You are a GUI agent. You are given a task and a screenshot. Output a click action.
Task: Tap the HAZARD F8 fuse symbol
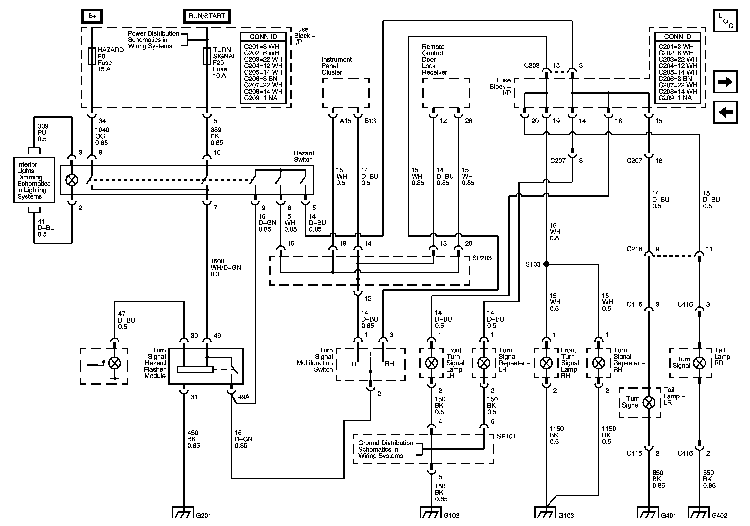coord(92,57)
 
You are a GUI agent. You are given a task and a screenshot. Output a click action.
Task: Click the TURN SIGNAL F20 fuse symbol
coord(207,57)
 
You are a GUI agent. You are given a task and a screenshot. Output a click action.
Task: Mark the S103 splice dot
coord(546,264)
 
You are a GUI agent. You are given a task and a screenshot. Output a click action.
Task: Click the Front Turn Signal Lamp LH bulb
coord(432,363)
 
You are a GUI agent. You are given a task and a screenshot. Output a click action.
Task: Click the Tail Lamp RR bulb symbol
coord(699,363)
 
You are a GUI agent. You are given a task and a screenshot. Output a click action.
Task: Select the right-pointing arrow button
coord(725,82)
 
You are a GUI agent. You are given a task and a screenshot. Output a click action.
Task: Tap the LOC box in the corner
coord(725,21)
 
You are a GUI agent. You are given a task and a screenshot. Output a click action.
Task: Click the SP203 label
coord(482,258)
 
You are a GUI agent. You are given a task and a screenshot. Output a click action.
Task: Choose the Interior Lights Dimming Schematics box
coord(34,180)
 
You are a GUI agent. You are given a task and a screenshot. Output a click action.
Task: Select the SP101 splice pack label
coord(506,436)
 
